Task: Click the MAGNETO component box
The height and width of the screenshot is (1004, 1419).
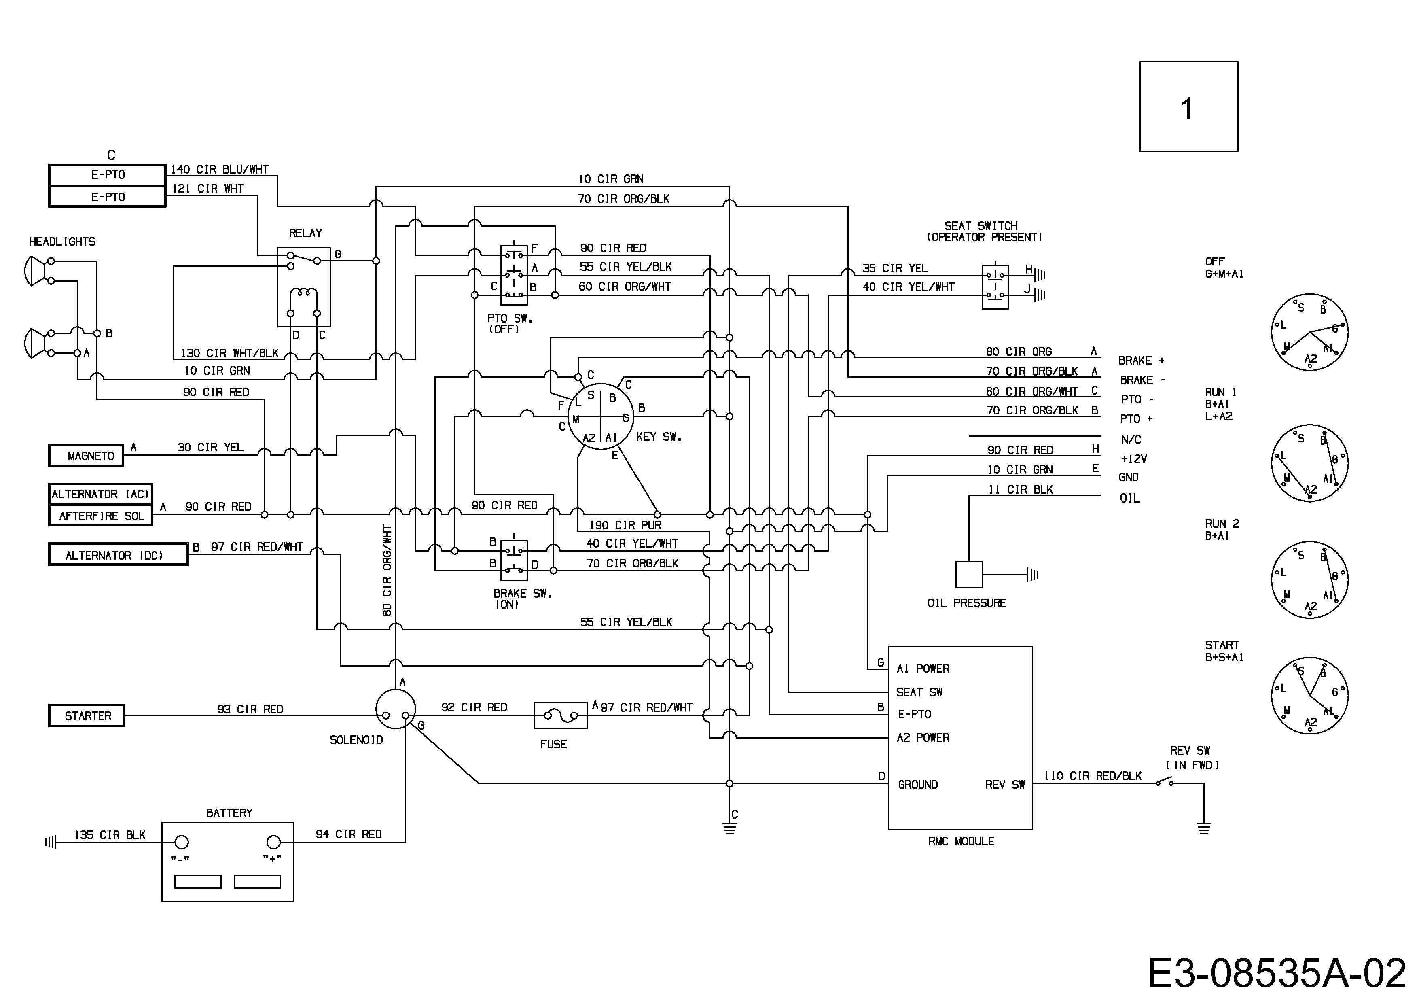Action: point(86,456)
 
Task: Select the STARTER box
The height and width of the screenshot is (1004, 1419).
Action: point(87,715)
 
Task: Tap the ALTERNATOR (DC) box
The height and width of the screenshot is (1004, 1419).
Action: point(118,554)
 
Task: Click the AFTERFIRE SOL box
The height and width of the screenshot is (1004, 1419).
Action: point(101,516)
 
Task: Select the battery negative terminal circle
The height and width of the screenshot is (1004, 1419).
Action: point(182,842)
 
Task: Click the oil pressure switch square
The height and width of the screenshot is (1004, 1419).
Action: point(968,574)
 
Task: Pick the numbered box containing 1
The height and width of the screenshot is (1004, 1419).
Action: point(1188,106)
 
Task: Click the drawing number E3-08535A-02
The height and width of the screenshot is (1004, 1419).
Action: point(1277,973)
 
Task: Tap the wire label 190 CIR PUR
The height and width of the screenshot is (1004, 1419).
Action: point(625,525)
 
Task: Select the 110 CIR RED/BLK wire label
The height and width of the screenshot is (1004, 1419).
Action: point(1093,776)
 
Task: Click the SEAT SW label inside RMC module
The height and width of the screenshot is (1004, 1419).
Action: point(919,692)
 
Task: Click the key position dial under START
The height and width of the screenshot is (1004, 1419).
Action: point(1310,696)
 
